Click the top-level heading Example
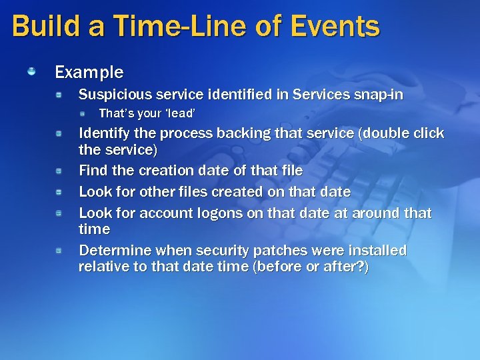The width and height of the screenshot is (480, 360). click(89, 71)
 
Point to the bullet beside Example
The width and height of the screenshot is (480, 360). click(31, 70)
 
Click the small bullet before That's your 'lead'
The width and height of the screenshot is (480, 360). click(83, 113)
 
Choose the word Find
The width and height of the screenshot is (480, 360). click(93, 171)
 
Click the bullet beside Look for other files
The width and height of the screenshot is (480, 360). click(59, 191)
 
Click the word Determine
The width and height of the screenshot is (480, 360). click(114, 251)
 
